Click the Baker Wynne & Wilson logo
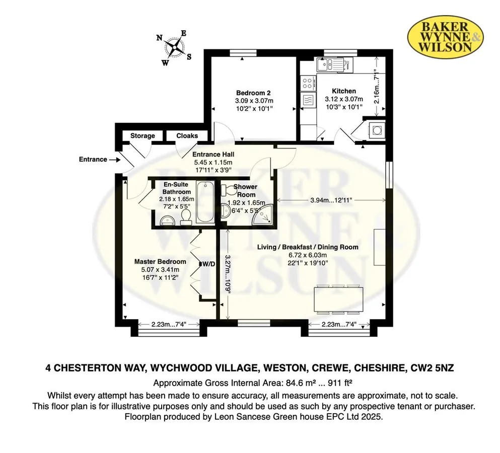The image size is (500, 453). click(x=446, y=37)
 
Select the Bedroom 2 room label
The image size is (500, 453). click(x=253, y=93)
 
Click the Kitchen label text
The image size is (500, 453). click(x=344, y=91)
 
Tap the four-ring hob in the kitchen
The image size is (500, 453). click(x=307, y=83)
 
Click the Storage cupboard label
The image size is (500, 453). click(x=142, y=136)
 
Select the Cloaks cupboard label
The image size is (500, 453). click(x=187, y=136)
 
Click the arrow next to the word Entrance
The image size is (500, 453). click(x=114, y=160)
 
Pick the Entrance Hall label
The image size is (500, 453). click(x=213, y=155)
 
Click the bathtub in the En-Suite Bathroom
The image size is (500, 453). click(x=205, y=202)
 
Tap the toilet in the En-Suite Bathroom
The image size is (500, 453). click(x=185, y=217)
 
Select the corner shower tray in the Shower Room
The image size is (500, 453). click(x=263, y=214)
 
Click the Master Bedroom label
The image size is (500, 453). click(x=160, y=262)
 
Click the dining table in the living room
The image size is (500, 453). click(x=338, y=299)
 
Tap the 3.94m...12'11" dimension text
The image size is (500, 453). click(x=331, y=200)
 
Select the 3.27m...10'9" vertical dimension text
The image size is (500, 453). click(x=228, y=274)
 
